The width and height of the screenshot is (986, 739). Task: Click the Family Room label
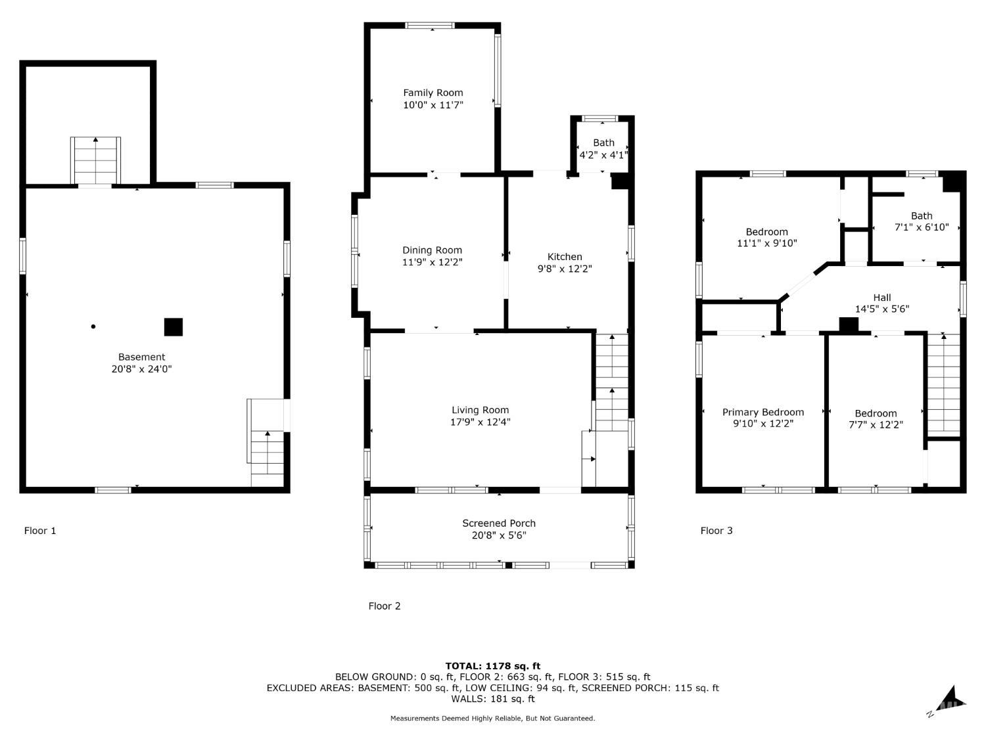433,93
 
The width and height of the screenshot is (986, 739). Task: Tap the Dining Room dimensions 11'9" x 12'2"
432,262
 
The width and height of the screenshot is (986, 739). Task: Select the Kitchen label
564,257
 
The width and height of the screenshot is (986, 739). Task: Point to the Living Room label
480,410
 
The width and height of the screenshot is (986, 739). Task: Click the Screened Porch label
499,523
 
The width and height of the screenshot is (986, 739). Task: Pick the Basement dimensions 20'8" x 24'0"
141,369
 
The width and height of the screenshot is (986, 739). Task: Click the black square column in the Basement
173,326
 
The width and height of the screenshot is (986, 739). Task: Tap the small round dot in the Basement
93,326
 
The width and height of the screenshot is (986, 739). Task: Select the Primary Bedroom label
763,412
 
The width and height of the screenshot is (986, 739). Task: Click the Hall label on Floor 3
881,298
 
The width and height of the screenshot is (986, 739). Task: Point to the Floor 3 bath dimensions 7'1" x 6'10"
922,227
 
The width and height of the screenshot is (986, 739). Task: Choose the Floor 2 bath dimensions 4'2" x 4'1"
603,155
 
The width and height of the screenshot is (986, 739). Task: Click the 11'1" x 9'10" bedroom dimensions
766,243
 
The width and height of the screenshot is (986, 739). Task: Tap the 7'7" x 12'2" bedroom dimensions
876,424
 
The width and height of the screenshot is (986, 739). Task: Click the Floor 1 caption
40,531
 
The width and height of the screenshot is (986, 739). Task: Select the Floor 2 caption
384,606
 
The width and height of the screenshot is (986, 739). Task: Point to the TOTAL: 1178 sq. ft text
493,666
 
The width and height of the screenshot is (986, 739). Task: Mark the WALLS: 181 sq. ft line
493,699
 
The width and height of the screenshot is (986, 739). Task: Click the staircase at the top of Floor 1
95,160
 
